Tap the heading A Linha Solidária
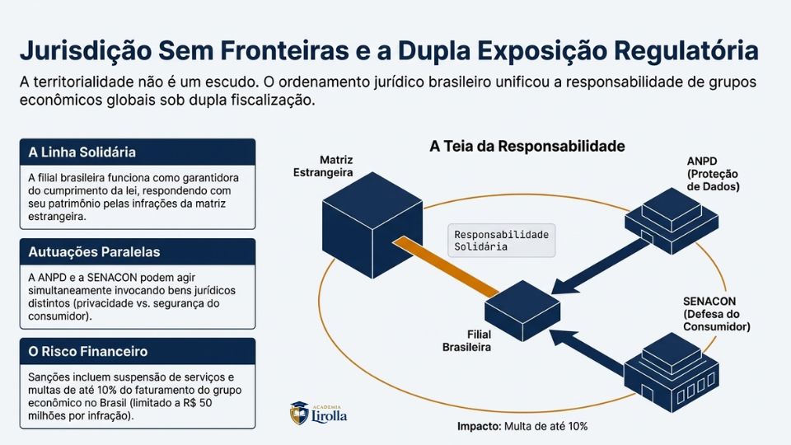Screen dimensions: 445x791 (82, 152)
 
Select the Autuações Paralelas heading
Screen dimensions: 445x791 (94, 251)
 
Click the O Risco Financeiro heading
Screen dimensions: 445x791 (88, 351)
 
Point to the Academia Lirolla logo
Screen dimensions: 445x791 (319, 413)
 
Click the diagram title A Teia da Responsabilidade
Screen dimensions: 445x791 (527, 146)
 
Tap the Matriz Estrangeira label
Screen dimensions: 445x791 (324, 166)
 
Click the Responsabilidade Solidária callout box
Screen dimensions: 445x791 (501, 241)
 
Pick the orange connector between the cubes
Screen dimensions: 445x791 (446, 265)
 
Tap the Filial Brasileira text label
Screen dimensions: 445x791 (466, 341)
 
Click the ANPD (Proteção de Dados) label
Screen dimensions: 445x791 (713, 173)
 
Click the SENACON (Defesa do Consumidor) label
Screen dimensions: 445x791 (716, 313)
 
